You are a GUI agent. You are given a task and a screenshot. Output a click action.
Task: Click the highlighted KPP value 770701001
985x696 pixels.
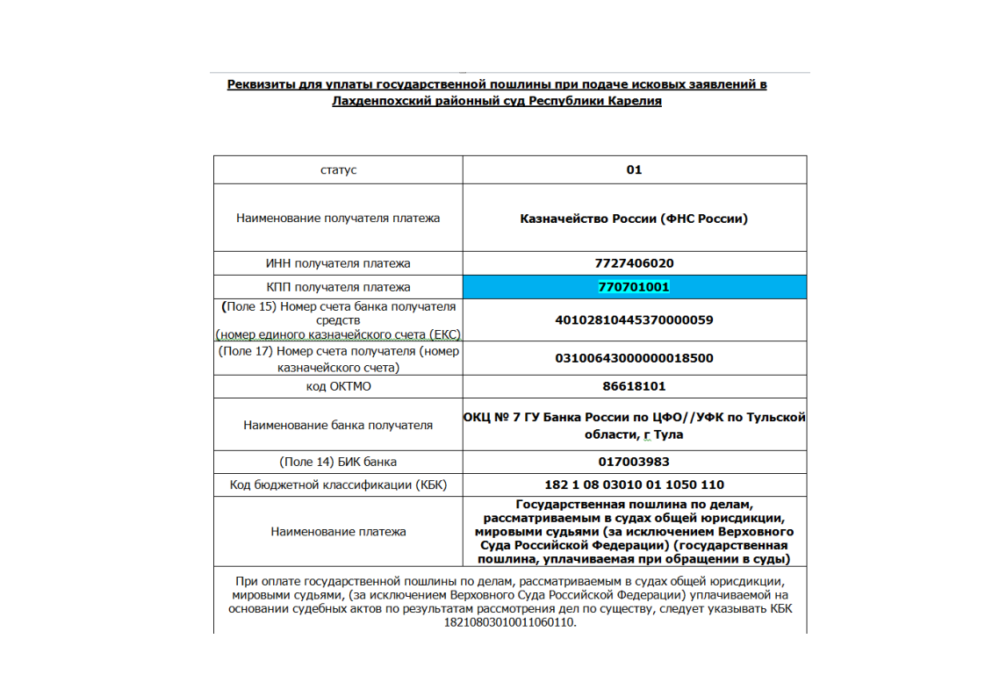click(634, 287)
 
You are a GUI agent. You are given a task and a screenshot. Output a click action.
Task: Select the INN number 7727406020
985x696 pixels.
click(634, 263)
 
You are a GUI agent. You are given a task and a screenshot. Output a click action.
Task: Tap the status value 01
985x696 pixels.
click(634, 170)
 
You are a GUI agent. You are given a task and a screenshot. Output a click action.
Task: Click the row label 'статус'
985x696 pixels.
click(338, 170)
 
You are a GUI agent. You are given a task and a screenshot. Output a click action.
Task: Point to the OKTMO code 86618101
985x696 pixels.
click(634, 386)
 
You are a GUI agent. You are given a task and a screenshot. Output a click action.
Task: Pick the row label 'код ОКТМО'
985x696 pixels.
click(338, 386)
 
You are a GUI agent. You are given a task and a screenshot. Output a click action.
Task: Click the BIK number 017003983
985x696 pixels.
click(634, 462)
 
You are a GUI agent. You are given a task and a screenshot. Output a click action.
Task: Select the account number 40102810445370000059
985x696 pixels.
click(634, 320)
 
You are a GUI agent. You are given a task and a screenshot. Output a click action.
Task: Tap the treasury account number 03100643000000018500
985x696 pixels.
click(634, 358)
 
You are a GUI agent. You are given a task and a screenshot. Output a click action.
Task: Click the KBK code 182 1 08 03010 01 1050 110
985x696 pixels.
click(634, 484)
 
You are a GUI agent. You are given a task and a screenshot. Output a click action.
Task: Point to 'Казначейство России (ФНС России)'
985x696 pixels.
click(634, 219)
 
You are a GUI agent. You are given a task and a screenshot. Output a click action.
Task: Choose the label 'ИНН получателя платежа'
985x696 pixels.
click(338, 263)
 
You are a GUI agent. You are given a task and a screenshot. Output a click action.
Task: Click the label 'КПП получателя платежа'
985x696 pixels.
click(338, 287)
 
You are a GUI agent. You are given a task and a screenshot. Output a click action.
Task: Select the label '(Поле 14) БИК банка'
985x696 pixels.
click(338, 462)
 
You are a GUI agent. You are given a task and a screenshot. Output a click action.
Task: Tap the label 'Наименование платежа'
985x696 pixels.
click(338, 531)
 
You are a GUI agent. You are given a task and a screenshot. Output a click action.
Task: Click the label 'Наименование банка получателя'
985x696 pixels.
click(338, 425)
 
